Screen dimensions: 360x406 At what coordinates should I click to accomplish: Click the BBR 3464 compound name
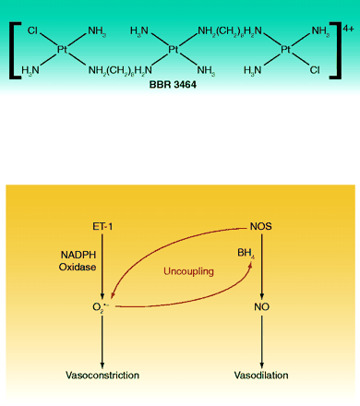coord(173,84)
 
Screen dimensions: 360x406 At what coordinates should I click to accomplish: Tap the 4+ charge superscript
coord(348,29)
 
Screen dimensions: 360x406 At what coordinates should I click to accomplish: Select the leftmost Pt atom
coord(62,49)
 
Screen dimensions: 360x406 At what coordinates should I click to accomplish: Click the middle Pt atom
coord(174,49)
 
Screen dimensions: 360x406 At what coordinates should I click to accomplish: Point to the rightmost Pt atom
coord(286,49)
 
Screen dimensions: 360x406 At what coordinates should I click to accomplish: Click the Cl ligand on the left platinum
coord(32,30)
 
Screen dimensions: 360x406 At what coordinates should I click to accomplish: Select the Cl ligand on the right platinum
coord(315,70)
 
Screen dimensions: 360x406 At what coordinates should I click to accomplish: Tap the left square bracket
coord(15,51)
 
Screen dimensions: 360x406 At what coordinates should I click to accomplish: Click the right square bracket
coord(335,51)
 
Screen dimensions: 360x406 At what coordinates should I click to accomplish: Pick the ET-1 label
coord(102,227)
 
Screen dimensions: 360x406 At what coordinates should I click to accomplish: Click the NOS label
coord(261,227)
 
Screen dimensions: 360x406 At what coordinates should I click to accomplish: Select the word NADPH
coord(78,255)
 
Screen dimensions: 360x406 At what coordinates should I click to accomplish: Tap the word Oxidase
coord(78,267)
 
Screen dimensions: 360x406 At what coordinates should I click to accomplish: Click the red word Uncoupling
coord(188,271)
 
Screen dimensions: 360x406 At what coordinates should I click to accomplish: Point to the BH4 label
coord(246,254)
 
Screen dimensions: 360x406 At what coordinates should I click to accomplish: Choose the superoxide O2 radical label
coord(101,307)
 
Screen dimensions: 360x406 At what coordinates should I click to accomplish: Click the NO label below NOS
coord(262,307)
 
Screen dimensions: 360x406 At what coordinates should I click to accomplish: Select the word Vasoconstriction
coord(102,376)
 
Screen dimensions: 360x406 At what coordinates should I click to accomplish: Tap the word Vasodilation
coord(261,376)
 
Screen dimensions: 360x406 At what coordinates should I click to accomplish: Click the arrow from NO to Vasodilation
coord(262,341)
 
